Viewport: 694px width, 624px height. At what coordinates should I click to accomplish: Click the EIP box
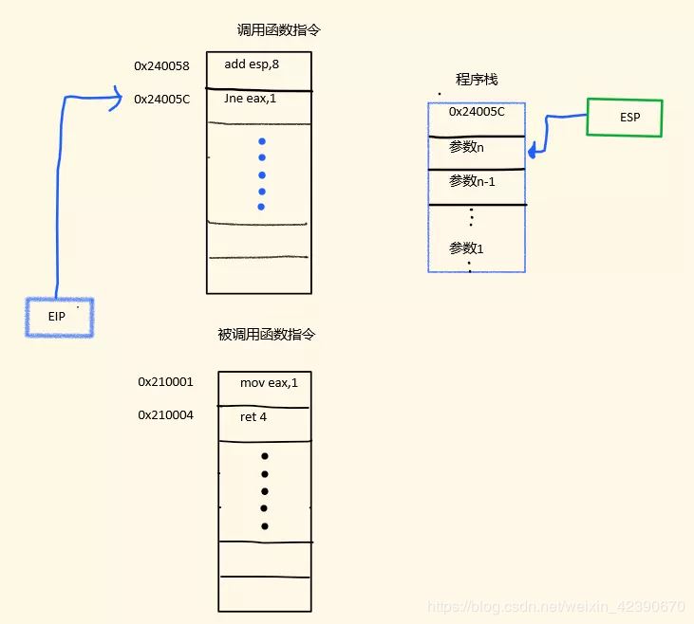pos(59,317)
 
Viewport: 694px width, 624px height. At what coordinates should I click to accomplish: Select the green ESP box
pos(624,118)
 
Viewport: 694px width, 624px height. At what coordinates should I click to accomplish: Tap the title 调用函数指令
pos(279,30)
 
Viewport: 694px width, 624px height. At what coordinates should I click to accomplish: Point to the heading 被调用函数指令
pos(266,335)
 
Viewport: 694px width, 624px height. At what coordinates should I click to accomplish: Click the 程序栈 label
pos(477,80)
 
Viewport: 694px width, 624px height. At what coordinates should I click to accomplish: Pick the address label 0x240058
pos(161,65)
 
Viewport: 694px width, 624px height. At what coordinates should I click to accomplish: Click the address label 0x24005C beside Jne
pos(161,99)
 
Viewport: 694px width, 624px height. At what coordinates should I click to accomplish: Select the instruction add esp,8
pos(252,65)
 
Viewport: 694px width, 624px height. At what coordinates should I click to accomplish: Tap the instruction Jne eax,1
pos(251,99)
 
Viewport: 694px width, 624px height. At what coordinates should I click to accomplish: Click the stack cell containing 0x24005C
pos(477,112)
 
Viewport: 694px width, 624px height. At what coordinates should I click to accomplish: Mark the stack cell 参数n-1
pos(473,181)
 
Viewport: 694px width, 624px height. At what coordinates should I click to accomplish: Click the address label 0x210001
pos(165,382)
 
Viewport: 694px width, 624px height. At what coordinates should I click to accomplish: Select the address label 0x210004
pos(165,414)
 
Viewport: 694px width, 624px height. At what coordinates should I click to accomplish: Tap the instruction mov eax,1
pos(268,382)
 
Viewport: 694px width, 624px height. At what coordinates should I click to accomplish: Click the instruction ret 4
pos(253,415)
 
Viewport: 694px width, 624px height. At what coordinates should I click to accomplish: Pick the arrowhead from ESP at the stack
pos(532,149)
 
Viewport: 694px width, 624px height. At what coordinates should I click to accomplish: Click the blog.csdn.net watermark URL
pos(555,606)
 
